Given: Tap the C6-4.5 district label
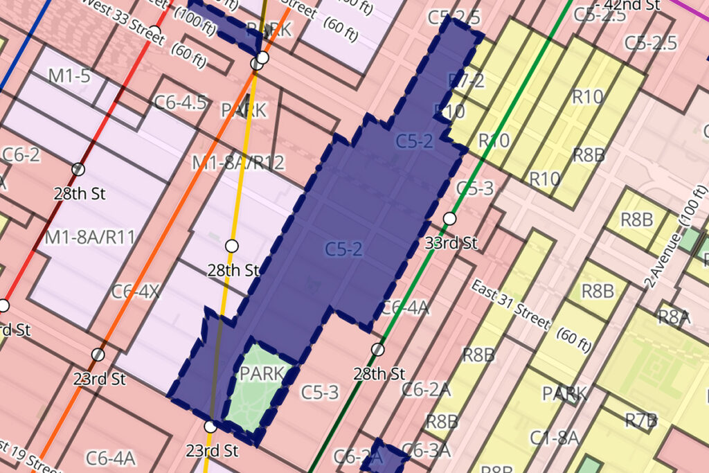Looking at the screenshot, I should pyautogui.click(x=180, y=102).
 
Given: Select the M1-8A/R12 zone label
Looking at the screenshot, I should pyautogui.click(x=238, y=163).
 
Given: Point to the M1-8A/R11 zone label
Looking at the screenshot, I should pyautogui.click(x=89, y=238).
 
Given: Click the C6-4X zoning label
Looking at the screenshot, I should pyautogui.click(x=135, y=291).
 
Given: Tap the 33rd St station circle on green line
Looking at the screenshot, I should pyautogui.click(x=449, y=219).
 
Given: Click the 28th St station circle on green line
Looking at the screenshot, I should pyautogui.click(x=377, y=349).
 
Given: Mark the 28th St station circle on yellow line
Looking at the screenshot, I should pyautogui.click(x=232, y=245).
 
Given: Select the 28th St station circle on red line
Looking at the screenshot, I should pyautogui.click(x=78, y=169).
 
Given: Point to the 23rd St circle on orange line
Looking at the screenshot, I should pyautogui.click(x=98, y=355).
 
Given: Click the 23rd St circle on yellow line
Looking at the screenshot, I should pyautogui.click(x=210, y=427).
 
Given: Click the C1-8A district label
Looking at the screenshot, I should pyautogui.click(x=554, y=438).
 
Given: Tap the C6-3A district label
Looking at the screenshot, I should pyautogui.click(x=429, y=451).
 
